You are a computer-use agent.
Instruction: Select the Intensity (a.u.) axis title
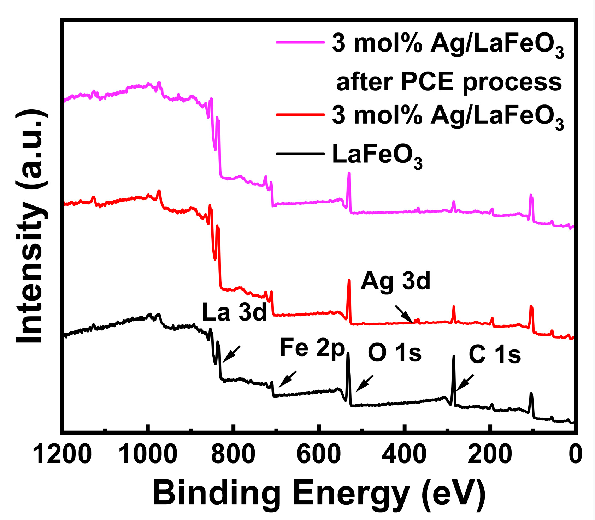(31, 226)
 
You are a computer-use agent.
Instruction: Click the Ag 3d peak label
(395, 282)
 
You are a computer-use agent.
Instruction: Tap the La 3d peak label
(234, 312)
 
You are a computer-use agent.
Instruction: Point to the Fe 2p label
(312, 348)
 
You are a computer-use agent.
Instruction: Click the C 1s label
(495, 354)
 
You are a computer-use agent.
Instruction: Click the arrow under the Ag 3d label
(404, 314)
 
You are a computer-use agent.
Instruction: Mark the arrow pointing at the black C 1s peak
(465, 383)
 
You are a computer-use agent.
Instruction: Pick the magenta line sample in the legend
(300, 43)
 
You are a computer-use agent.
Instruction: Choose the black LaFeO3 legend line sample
(300, 154)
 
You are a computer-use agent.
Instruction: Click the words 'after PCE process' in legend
(449, 82)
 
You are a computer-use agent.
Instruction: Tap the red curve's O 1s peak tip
(349, 281)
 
